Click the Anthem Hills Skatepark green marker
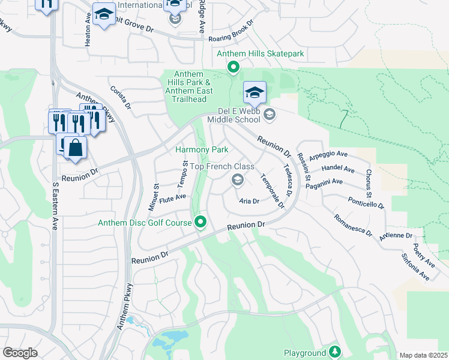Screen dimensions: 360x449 pyautogui.click(x=233, y=68)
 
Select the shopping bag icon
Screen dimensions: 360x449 pyautogui.click(x=76, y=148)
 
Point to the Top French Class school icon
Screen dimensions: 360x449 pyautogui.click(x=238, y=179)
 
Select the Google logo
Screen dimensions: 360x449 pyautogui.click(x=20, y=353)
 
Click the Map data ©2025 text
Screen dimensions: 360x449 pyautogui.click(x=423, y=356)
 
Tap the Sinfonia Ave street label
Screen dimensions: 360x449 pyautogui.click(x=416, y=267)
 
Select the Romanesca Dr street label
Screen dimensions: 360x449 pyautogui.click(x=354, y=226)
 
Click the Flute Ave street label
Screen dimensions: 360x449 pyautogui.click(x=172, y=199)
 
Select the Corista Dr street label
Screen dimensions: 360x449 pyautogui.click(x=120, y=97)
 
